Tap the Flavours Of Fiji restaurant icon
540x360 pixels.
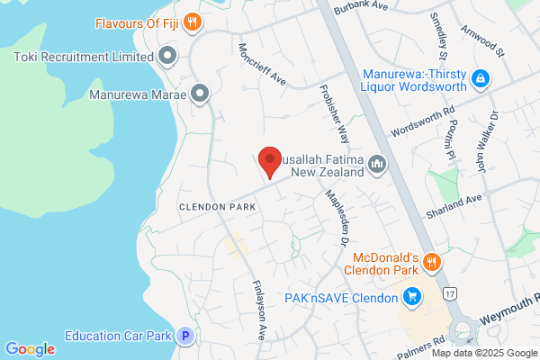[191, 22]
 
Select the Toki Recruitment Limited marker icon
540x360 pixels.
[166, 58]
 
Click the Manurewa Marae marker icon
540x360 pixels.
[200, 93]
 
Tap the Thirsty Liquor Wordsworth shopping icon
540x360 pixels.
[481, 79]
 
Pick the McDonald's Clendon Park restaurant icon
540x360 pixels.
[432, 262]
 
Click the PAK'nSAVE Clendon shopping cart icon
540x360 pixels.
[412, 296]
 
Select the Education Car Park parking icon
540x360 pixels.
[185, 337]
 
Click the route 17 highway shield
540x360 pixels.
[449, 293]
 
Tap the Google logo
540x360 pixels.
[31, 349]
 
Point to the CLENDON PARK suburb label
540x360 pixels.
[216, 207]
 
